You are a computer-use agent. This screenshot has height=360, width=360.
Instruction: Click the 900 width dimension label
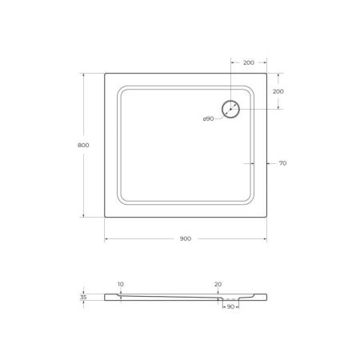[x=184, y=238]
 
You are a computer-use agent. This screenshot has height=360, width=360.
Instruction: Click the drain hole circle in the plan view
[x=231, y=109]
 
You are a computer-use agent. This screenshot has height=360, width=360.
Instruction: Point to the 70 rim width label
[x=283, y=162]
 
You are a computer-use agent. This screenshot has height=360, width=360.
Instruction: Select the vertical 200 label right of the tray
[x=278, y=91]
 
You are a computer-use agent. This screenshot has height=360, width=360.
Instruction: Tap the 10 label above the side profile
[x=120, y=284]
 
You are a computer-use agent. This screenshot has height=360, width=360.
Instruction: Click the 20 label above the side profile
[x=218, y=284]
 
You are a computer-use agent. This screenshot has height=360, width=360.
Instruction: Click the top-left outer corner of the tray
[x=106, y=74]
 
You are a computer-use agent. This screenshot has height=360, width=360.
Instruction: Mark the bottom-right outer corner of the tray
[x=266, y=218]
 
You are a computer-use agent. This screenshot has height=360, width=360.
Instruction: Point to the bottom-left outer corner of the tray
[x=106, y=218]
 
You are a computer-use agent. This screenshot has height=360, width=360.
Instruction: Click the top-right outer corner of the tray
[x=266, y=74]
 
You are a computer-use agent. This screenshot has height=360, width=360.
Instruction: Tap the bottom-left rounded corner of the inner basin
[x=122, y=201]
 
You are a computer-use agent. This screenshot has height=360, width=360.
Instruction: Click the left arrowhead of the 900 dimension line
[x=107, y=239]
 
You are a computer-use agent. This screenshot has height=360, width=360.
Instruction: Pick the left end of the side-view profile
[x=106, y=296]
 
